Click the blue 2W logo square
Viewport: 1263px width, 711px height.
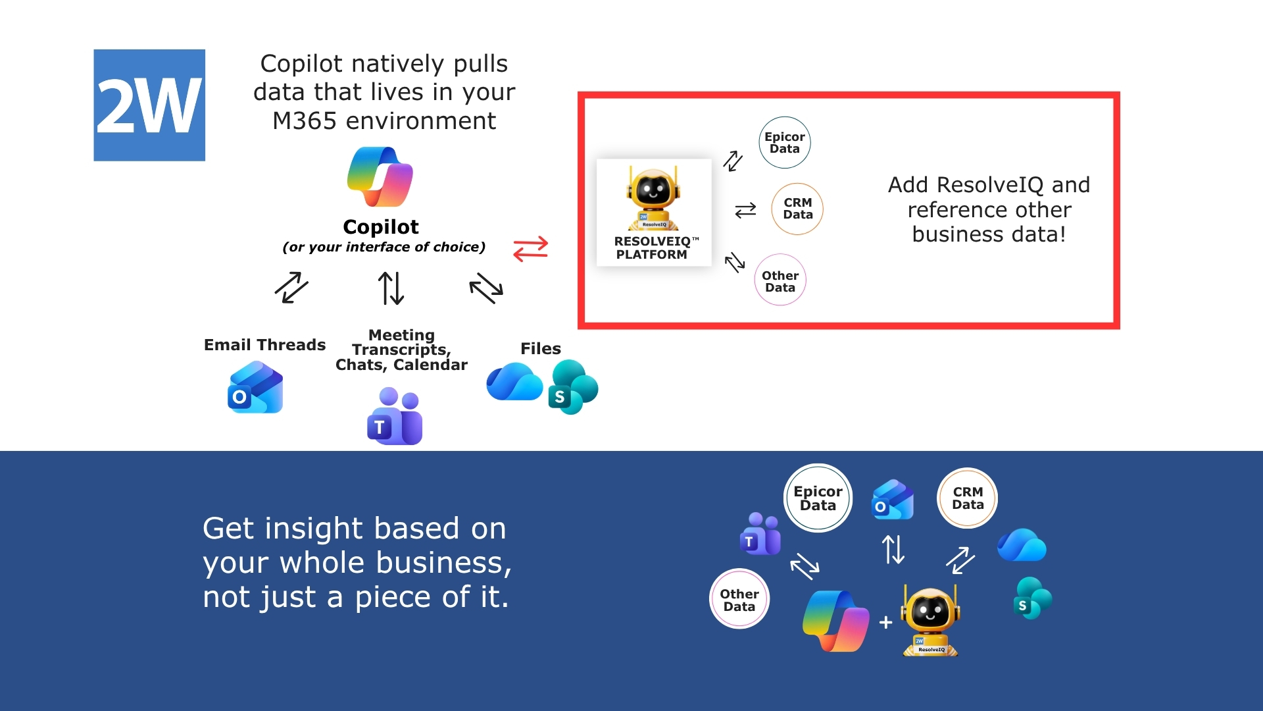click(x=149, y=105)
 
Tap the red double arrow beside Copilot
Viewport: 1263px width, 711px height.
click(x=530, y=249)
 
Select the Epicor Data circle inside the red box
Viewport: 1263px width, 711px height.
click(x=785, y=143)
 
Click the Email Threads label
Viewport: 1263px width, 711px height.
click(x=264, y=345)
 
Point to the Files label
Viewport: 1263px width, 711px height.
click(x=541, y=349)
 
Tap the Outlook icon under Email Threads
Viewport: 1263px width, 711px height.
click(x=255, y=388)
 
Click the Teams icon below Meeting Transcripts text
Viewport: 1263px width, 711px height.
click(x=395, y=416)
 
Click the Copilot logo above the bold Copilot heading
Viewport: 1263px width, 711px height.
click(x=380, y=177)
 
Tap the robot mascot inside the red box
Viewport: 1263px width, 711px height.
click(x=653, y=197)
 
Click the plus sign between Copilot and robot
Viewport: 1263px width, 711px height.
click(x=886, y=622)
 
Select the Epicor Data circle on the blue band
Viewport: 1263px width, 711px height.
click(x=818, y=498)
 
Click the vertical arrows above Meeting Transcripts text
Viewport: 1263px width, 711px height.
click(x=391, y=288)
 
